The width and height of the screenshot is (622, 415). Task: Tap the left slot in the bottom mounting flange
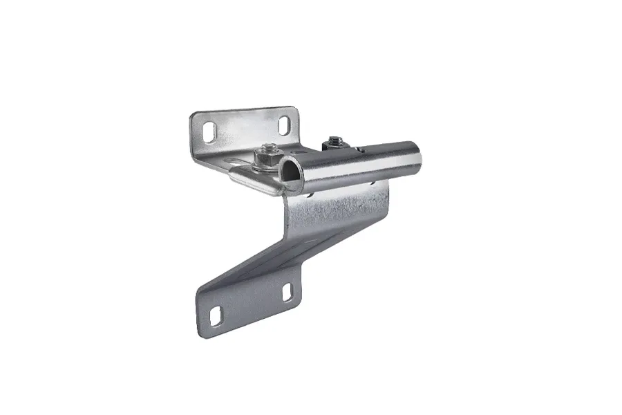point(216,315)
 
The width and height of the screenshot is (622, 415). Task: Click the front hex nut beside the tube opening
point(267,159)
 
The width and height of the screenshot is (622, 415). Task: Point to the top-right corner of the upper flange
point(295,109)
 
